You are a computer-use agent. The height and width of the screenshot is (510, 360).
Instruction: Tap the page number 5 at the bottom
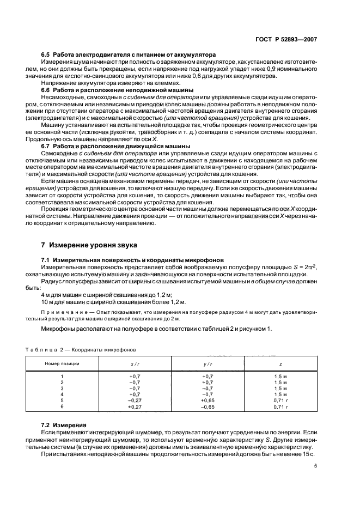click(x=316, y=465)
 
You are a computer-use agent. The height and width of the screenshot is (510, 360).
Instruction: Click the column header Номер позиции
click(x=62, y=363)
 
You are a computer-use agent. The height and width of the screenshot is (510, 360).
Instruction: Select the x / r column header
click(x=135, y=363)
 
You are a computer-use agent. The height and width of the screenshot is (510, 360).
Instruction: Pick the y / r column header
click(x=208, y=363)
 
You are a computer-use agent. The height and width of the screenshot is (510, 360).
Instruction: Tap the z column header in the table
click(x=280, y=363)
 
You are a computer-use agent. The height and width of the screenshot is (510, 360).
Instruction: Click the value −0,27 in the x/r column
click(x=135, y=400)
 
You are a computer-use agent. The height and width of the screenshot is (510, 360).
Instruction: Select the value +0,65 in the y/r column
click(x=208, y=400)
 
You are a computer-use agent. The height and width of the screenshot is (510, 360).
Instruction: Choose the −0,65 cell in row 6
click(x=208, y=406)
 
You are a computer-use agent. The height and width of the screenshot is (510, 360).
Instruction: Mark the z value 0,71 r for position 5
click(x=280, y=400)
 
